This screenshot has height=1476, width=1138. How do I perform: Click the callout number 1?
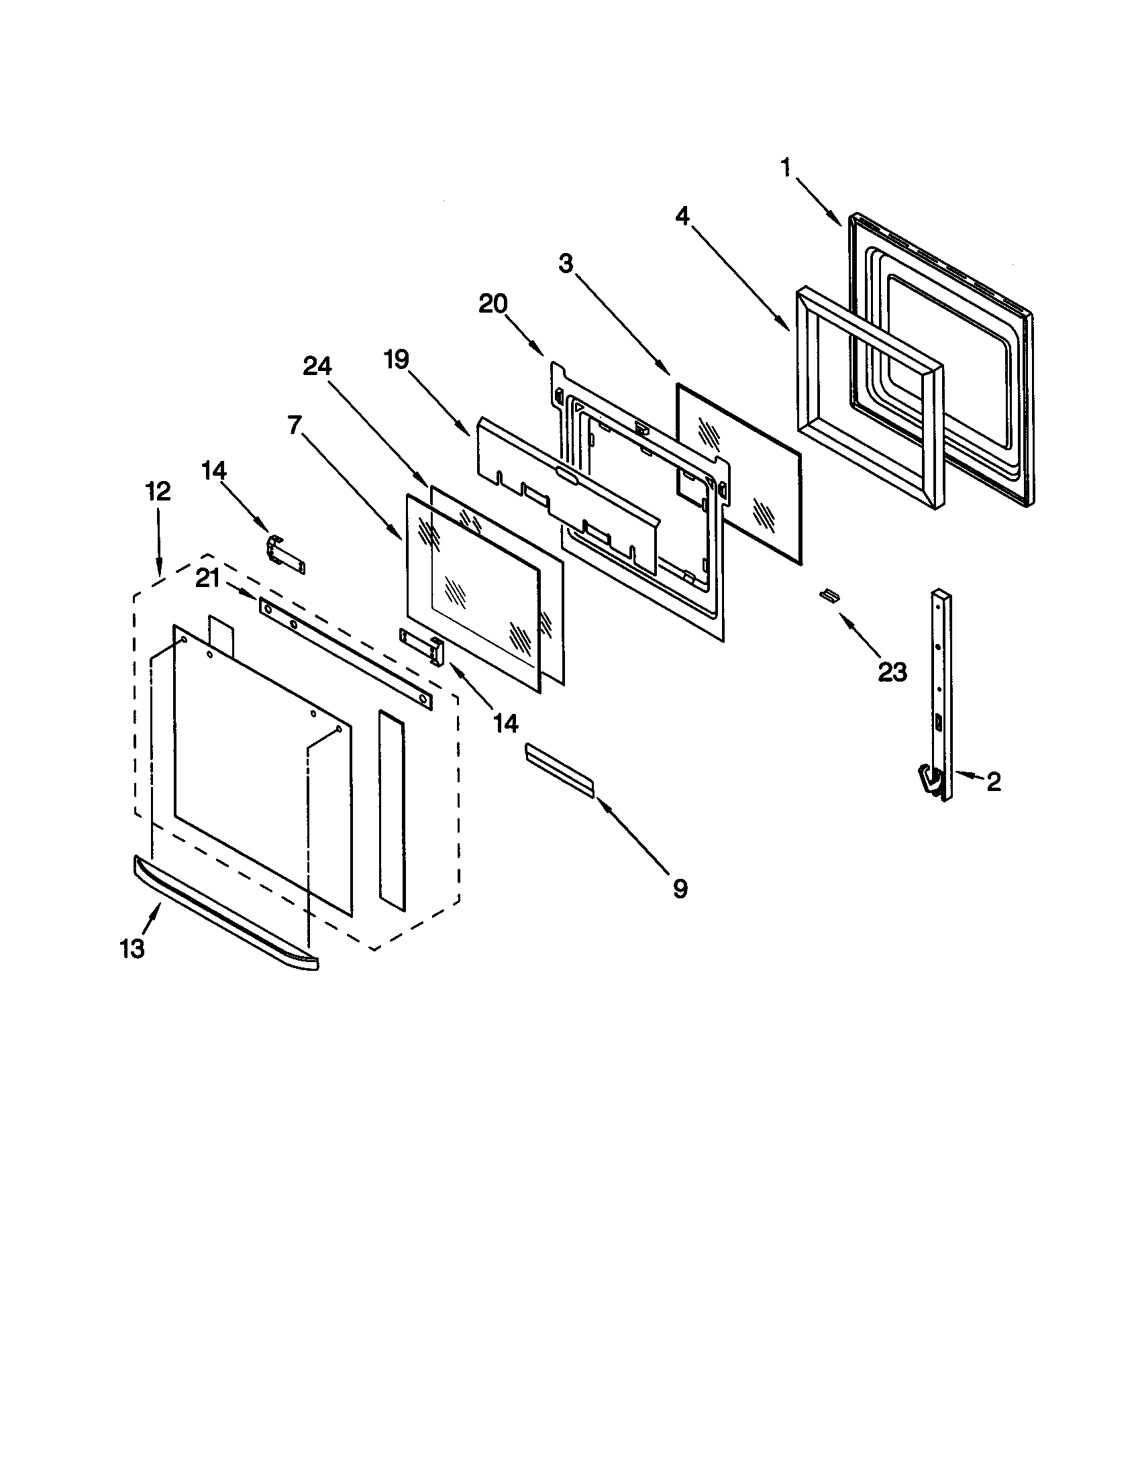click(785, 168)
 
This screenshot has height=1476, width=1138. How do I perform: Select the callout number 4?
click(682, 217)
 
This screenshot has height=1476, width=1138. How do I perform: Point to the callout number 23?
click(892, 672)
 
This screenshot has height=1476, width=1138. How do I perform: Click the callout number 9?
click(680, 889)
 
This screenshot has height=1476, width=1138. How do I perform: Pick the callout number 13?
click(132, 949)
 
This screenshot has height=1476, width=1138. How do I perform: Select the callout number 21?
click(207, 578)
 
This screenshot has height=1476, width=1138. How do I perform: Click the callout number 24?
click(317, 366)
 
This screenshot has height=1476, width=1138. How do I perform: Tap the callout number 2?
click(993, 782)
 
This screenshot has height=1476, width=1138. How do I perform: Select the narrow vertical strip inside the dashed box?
click(392, 810)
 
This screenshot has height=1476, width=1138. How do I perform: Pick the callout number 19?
click(397, 360)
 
